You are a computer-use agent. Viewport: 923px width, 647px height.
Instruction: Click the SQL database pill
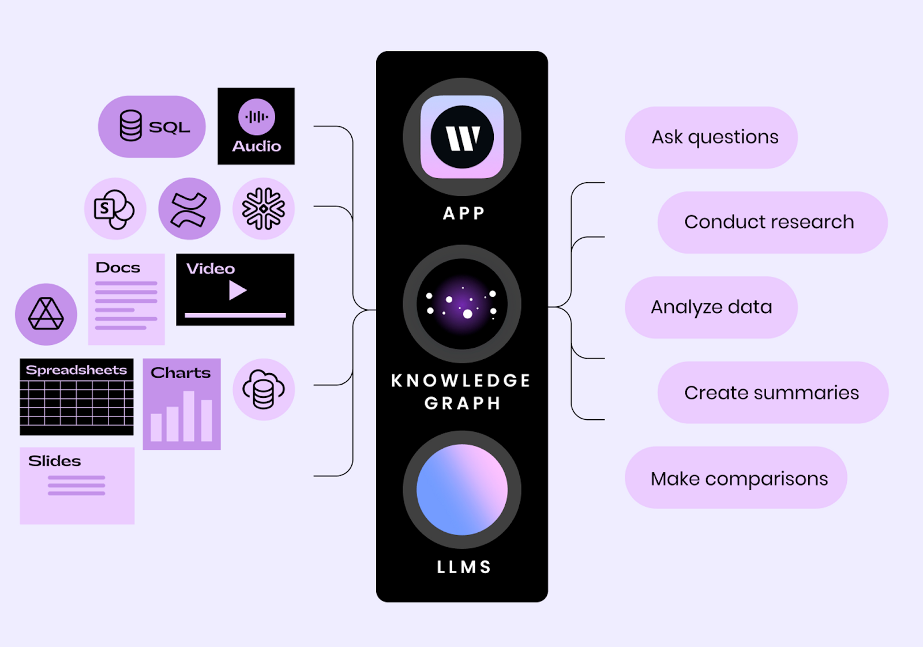click(152, 126)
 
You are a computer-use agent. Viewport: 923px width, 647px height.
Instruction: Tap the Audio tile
click(256, 126)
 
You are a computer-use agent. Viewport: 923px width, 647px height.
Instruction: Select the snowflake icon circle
click(264, 209)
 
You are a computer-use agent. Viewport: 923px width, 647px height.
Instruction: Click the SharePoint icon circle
click(115, 209)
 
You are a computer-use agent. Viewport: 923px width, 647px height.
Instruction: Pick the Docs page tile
click(126, 299)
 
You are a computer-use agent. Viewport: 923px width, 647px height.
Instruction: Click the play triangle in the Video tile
click(237, 290)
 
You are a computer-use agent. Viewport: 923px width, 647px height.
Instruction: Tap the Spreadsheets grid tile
click(77, 397)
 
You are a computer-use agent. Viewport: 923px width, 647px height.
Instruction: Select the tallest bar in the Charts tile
click(189, 416)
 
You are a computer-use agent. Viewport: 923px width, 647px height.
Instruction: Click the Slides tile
click(77, 486)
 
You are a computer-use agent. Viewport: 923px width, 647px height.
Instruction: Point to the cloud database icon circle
click(264, 389)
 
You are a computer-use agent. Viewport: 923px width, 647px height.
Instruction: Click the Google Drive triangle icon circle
click(46, 314)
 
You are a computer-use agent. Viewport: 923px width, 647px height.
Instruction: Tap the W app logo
click(462, 137)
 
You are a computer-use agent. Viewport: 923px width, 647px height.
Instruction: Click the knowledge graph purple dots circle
click(462, 304)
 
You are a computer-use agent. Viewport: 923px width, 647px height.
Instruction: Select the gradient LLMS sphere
click(462, 490)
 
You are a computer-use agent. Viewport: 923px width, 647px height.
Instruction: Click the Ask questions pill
click(711, 137)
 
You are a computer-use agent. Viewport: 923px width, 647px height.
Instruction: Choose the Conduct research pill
click(772, 222)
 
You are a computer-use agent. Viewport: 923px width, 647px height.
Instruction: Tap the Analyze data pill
click(711, 307)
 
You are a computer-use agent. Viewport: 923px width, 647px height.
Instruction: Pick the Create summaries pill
click(772, 393)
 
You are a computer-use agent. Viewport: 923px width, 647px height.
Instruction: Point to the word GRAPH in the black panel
click(462, 403)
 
